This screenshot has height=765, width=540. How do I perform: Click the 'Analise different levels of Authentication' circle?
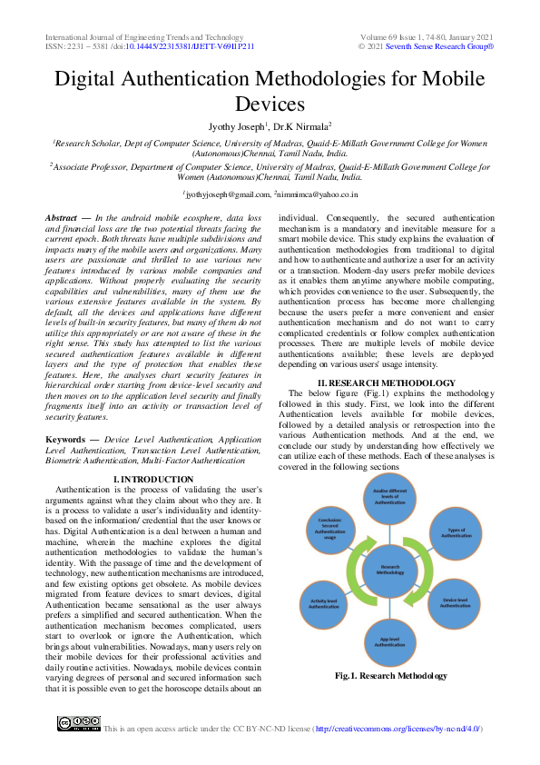point(389,497)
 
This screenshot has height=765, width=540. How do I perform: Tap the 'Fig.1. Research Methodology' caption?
point(391,676)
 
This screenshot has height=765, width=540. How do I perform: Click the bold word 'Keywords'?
point(65,439)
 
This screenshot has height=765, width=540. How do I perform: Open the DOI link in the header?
point(189,45)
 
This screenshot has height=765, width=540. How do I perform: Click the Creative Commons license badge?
point(79,724)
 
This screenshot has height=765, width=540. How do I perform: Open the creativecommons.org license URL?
point(397,729)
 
